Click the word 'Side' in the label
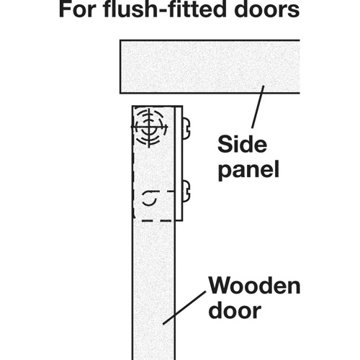[x=242, y=144]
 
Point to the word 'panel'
[x=248, y=169]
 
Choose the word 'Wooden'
[x=254, y=285]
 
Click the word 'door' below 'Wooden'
[x=235, y=310]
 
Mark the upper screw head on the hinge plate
[x=186, y=128]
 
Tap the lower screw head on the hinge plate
[x=186, y=192]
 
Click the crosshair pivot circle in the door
[x=149, y=127]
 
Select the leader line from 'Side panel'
[x=258, y=107]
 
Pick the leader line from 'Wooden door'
[x=184, y=308]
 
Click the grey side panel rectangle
[x=210, y=66]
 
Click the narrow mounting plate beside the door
[x=179, y=163]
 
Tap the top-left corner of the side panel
[x=120, y=40]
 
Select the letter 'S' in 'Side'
[x=225, y=144]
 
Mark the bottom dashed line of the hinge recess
[x=153, y=220]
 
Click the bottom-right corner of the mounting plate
[x=182, y=220]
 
